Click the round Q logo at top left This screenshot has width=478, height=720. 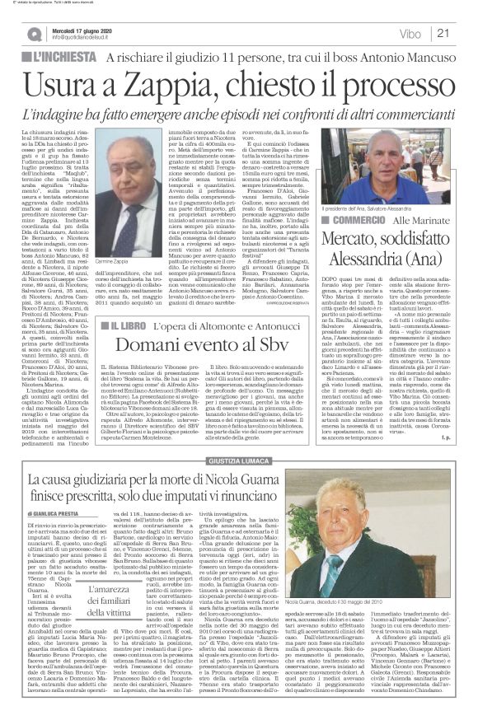pos(34,34)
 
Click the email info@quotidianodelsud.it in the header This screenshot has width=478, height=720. pos(90,38)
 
